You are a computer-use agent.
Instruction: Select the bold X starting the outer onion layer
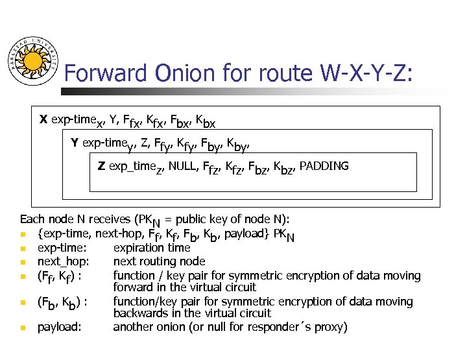(x=43, y=119)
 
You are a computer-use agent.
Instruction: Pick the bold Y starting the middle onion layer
(x=75, y=143)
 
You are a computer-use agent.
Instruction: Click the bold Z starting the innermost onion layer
(x=101, y=166)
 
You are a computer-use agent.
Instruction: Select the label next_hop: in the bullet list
(x=63, y=261)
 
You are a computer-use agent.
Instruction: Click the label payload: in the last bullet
(x=60, y=326)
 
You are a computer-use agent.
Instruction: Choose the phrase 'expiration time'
(x=152, y=247)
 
